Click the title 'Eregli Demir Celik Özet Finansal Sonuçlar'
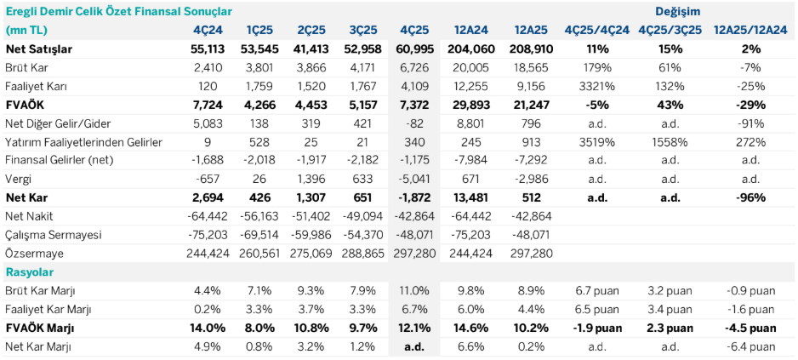119,11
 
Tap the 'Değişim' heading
678,11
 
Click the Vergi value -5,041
417,179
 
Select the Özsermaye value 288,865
363,253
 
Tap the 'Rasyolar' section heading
30,271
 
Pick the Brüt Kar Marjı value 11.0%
417,291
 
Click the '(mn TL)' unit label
26,31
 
